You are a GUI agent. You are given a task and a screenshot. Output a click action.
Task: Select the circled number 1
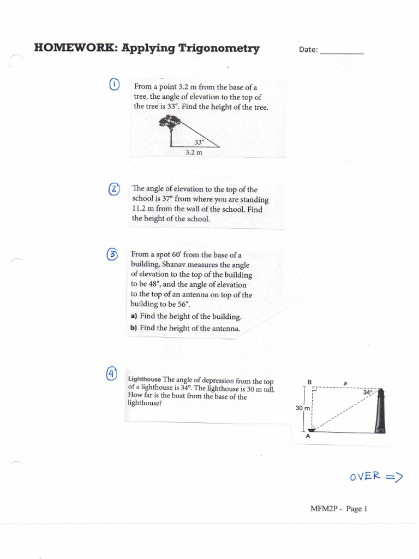click(114, 85)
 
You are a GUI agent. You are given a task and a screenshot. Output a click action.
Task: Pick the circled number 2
click(114, 189)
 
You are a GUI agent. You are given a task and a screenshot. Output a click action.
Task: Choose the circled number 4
click(111, 373)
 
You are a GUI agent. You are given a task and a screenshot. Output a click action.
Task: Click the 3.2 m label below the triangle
click(194, 153)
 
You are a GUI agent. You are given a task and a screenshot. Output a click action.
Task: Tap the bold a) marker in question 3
click(134, 316)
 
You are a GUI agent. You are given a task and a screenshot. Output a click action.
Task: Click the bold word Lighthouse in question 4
click(144, 379)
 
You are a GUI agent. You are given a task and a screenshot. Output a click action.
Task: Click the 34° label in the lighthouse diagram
click(368, 392)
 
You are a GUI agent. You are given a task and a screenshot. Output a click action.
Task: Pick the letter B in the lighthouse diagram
click(309, 382)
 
